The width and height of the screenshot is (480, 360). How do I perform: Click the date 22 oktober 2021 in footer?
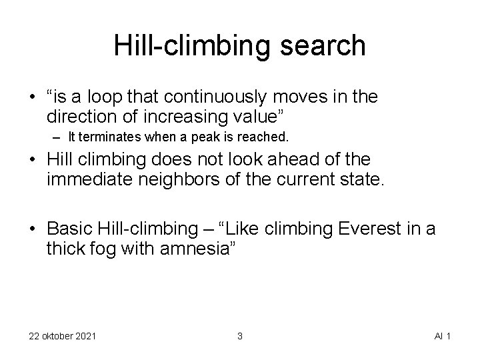[63, 336]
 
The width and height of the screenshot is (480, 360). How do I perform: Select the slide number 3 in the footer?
[239, 336]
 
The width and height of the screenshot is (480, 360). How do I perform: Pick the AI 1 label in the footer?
[442, 336]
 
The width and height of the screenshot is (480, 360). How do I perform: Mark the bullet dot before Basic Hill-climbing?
[33, 229]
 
